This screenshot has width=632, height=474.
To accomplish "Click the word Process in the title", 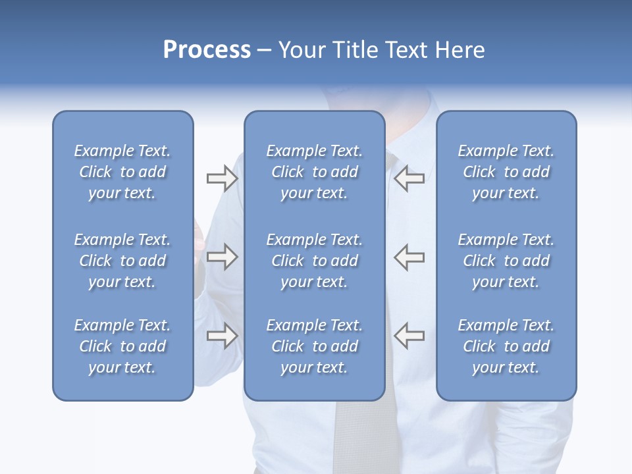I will (207, 50).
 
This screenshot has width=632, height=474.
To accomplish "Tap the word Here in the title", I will (460, 50).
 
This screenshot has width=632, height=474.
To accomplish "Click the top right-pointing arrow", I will (222, 178).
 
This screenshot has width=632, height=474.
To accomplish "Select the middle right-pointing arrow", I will (222, 257).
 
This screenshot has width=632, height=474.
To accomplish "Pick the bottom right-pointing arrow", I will (222, 336).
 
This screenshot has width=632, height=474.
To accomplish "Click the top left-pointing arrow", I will (409, 178).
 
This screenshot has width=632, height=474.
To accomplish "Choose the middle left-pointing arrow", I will (409, 257).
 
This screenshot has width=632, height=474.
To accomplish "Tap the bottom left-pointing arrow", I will (409, 335).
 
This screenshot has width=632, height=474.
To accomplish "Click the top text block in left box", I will (122, 172).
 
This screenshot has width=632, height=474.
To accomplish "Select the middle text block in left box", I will (122, 261).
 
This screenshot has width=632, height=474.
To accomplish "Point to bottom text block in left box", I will (122, 346).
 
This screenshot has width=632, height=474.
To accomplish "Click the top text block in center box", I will (314, 172).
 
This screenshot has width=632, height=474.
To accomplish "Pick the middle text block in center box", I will (314, 261).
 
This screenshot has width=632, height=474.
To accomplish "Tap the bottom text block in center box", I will (314, 346).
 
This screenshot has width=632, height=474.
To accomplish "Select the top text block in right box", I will (506, 172).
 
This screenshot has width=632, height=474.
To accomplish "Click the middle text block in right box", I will (506, 261).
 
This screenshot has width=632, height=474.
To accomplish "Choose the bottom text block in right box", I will (506, 346).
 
